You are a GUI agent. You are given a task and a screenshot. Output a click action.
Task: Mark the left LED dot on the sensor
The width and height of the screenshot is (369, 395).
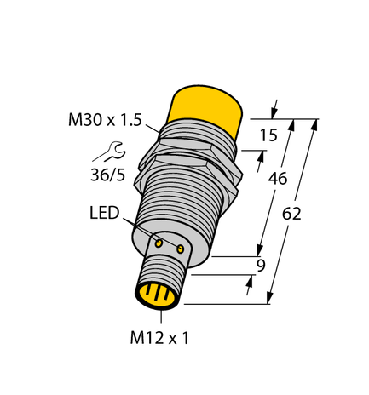click(159, 243)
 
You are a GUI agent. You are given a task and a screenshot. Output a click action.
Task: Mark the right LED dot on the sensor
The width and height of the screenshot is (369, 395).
click(180, 249)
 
